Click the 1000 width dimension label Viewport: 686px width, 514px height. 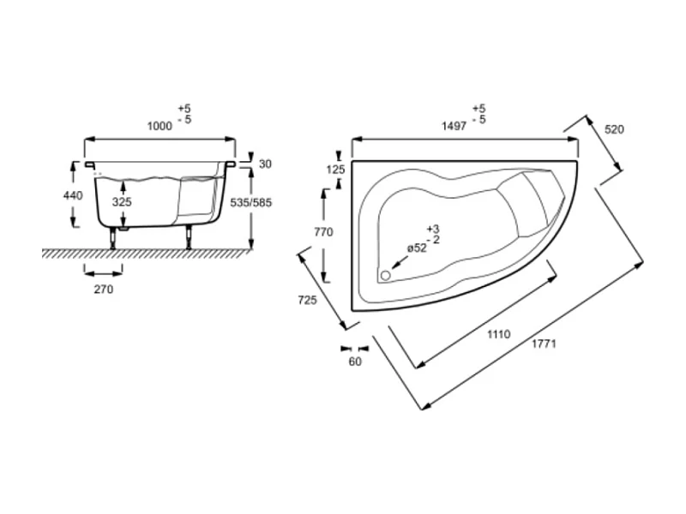159,126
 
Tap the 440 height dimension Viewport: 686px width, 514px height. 73,195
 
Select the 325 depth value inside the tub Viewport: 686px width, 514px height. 123,202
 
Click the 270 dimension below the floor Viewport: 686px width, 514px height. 103,290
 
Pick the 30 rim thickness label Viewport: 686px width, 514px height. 264,164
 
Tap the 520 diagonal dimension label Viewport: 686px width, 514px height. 614,130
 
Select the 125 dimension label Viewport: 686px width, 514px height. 335,170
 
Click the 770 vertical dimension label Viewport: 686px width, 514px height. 323,232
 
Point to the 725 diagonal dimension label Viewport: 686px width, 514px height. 307,300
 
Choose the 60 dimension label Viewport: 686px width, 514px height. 355,362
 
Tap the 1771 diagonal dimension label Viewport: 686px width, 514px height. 545,344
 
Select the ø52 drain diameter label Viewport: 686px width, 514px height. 416,248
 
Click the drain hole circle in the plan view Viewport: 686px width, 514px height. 384,275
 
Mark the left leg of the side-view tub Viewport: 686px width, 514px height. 113,237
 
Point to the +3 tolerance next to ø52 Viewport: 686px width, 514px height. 432,229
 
